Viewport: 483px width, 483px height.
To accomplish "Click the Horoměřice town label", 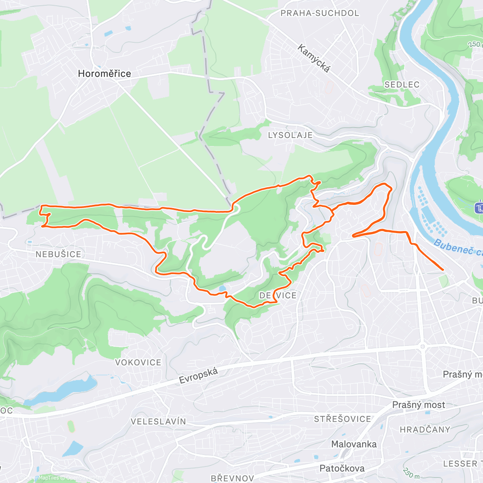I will (x=104, y=74).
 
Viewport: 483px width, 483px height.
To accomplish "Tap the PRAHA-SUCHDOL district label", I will (x=320, y=13).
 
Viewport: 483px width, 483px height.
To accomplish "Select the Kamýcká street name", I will (x=314, y=59).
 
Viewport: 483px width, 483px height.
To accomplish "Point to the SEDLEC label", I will (x=402, y=85).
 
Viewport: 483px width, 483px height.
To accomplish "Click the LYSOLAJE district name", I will (x=290, y=135).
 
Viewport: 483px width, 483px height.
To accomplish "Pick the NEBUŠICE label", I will (x=58, y=254).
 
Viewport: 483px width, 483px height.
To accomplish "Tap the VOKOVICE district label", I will (x=138, y=362).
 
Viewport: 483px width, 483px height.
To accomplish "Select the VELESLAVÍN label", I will (x=158, y=421).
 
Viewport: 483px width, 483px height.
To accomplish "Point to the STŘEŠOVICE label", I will (x=342, y=419).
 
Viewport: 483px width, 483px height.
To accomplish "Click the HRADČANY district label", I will (x=425, y=429).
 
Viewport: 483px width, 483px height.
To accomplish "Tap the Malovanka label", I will (x=354, y=444).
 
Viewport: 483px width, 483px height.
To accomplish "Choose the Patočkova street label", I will (x=342, y=469).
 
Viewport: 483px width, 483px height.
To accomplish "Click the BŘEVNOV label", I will (x=232, y=478).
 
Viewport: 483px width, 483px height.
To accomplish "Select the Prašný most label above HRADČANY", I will (x=419, y=405).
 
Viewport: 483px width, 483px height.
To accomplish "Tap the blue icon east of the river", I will (x=479, y=208).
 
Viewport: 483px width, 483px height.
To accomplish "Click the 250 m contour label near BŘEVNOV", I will (x=411, y=474).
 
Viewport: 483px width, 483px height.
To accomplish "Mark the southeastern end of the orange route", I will (x=443, y=270).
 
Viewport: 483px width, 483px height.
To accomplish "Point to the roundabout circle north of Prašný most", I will (x=422, y=346).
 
